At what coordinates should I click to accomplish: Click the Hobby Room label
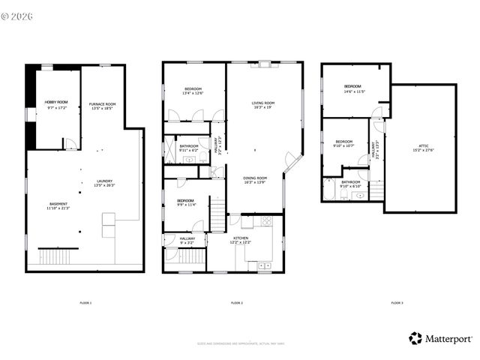pyautogui.click(x=56, y=101)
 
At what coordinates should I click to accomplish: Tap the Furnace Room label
pyautogui.click(x=102, y=103)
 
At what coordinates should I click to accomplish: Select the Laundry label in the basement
pyautogui.click(x=104, y=181)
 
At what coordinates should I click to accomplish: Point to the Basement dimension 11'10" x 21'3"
pyautogui.click(x=58, y=208)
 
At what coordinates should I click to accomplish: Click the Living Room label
pyautogui.click(x=262, y=103)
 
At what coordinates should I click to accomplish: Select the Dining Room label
pyautogui.click(x=255, y=178)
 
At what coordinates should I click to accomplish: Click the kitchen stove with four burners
pyautogui.click(x=266, y=221)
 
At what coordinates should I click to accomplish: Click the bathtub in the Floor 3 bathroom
pyautogui.click(x=329, y=192)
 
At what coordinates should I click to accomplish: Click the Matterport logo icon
pyautogui.click(x=415, y=338)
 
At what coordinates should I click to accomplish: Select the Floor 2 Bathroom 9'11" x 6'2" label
pyautogui.click(x=189, y=146)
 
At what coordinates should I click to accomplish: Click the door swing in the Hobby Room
pyautogui.click(x=70, y=143)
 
